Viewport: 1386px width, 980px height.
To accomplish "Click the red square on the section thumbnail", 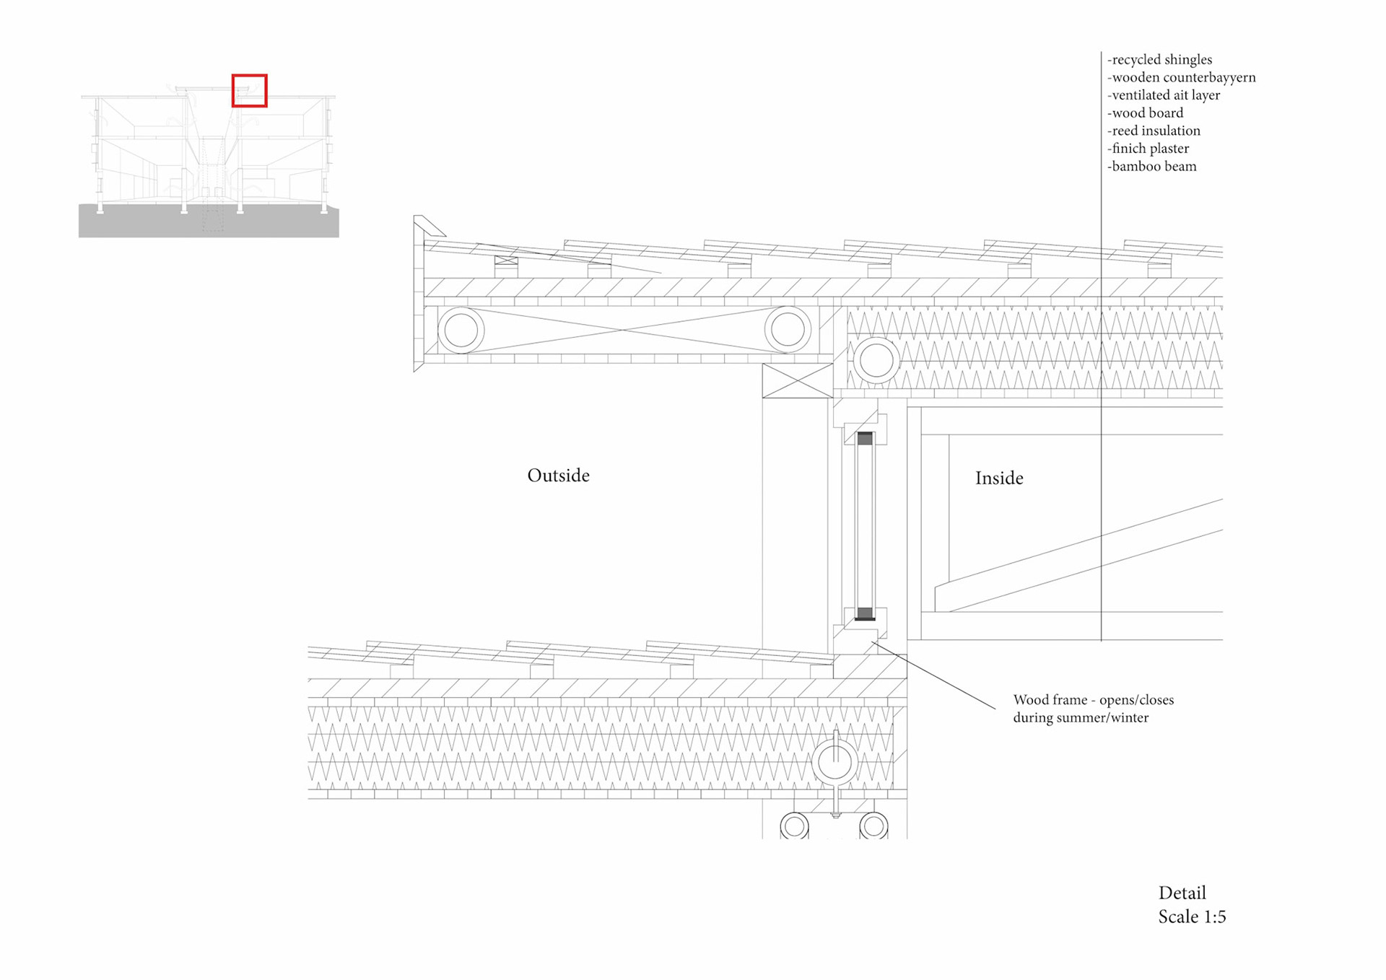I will point(249,91).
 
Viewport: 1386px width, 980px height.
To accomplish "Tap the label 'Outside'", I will point(558,476).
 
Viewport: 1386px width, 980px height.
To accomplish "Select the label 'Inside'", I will point(999,478).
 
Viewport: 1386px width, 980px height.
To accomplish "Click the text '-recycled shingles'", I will point(1159,60).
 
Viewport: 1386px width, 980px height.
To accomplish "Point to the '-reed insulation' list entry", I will point(1154,131).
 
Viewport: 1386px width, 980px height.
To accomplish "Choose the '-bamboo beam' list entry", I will point(1151,167).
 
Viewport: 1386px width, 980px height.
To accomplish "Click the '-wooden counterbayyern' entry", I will point(1181,78).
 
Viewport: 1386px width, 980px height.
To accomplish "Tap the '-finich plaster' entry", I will point(1148,149).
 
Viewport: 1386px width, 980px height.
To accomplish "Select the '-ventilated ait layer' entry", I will point(1164,95).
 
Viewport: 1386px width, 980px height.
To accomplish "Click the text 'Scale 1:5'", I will point(1192,917).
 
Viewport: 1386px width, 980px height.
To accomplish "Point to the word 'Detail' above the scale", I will point(1182,893).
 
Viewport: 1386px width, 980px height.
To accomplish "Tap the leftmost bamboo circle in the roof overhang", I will point(461,331).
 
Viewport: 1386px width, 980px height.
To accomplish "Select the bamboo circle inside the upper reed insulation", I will point(876,360).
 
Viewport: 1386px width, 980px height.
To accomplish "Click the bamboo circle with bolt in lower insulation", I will point(834,762).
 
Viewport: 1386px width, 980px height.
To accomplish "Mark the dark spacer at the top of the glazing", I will point(865,438).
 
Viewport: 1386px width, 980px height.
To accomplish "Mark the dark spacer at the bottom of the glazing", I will point(865,613).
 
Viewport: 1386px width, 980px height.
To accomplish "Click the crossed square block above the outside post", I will point(798,380).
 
